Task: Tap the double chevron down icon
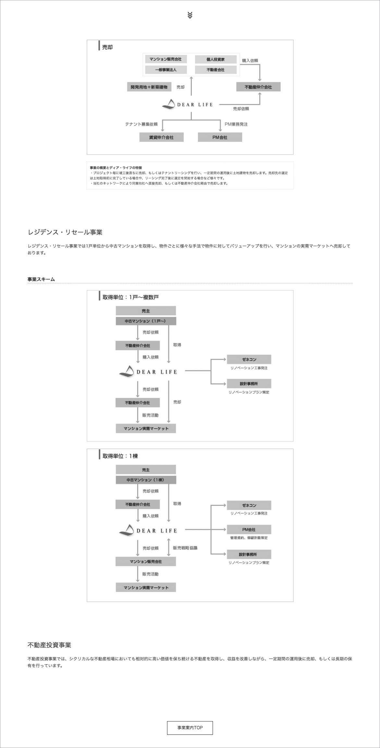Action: [x=190, y=15]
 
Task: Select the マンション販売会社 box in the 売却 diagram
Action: [x=165, y=59]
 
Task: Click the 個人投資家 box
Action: [x=215, y=59]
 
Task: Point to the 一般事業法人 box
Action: [x=165, y=70]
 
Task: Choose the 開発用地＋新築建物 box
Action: [x=149, y=87]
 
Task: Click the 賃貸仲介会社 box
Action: [x=161, y=137]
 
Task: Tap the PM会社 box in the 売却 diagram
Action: [x=220, y=137]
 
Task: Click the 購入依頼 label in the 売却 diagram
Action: [x=250, y=60]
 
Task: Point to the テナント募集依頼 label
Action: [x=141, y=124]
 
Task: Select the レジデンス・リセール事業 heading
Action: [x=65, y=232]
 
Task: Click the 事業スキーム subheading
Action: [x=41, y=279]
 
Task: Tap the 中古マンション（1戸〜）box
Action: [x=146, y=321]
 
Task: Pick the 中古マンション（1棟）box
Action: [x=146, y=480]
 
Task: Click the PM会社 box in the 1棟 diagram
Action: [x=249, y=529]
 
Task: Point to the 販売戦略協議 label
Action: [x=185, y=548]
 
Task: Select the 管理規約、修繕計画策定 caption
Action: [x=249, y=538]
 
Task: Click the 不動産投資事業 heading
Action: [x=49, y=645]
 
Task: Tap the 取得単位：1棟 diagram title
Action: [x=120, y=456]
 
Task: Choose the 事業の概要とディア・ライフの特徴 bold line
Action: [x=116, y=168]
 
